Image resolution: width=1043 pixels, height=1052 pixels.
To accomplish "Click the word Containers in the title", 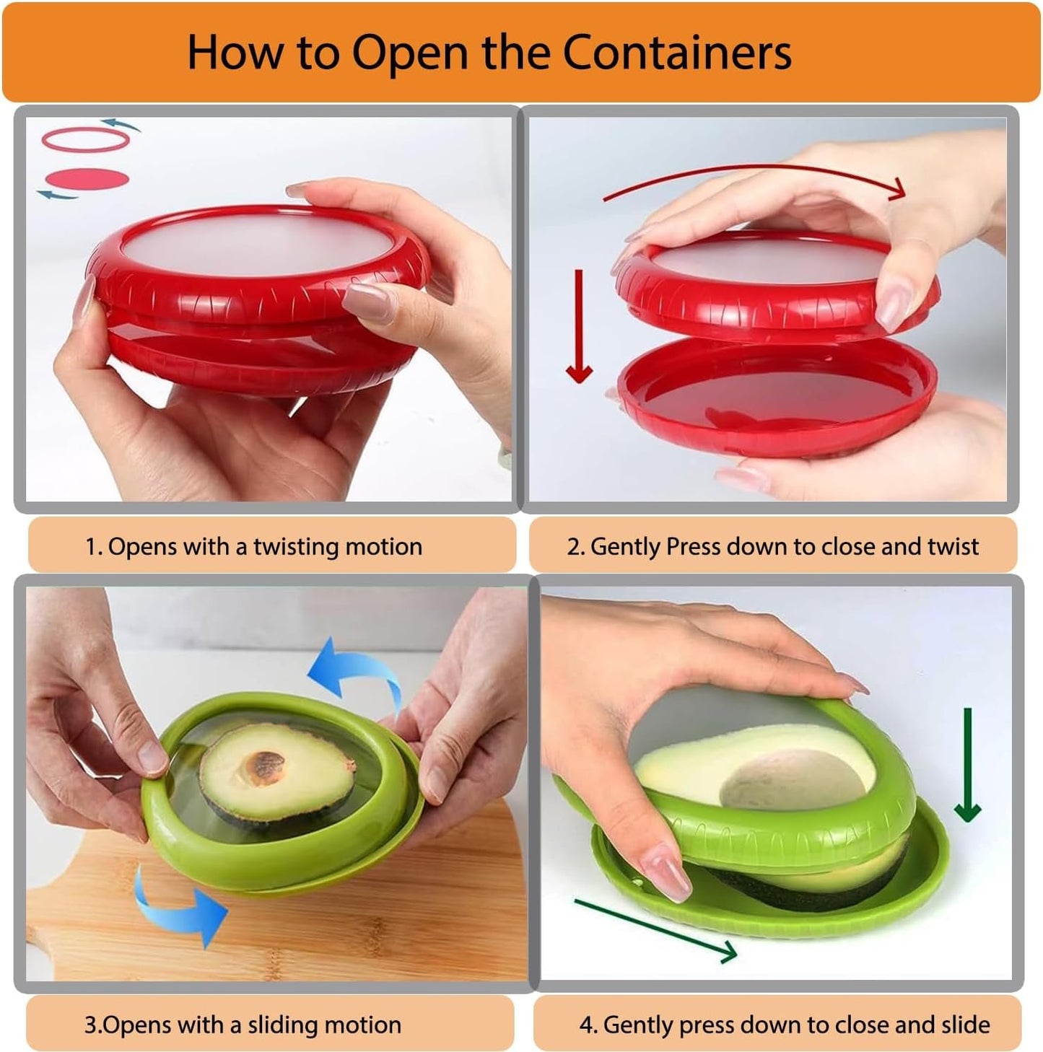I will [x=676, y=52].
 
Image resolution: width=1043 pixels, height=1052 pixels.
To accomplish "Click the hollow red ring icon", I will [x=85, y=140].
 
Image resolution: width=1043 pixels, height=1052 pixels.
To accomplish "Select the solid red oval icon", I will [x=87, y=179].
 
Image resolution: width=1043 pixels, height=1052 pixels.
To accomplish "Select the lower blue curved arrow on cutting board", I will [x=180, y=906].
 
